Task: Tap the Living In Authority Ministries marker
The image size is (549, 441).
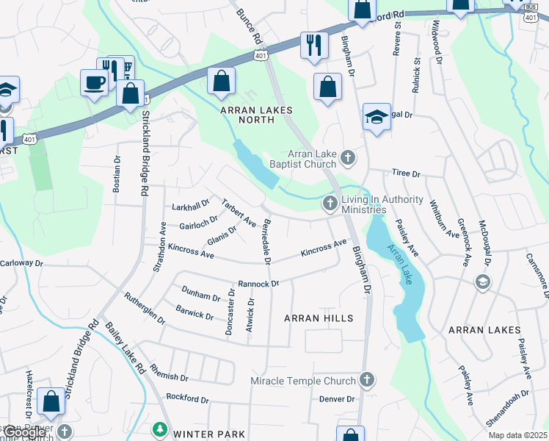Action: tap(331, 202)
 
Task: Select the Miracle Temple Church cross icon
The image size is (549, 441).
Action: tap(367, 380)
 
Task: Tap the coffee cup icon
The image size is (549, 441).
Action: tap(94, 82)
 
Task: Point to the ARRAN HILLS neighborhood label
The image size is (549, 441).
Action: tap(319, 318)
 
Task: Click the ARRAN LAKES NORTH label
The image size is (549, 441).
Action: tap(256, 116)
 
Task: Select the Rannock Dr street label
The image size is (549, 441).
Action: tap(258, 284)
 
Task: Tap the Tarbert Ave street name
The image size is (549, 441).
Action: tap(239, 212)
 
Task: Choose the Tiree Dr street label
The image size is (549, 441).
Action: tap(405, 174)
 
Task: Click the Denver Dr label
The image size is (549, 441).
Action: tap(337, 399)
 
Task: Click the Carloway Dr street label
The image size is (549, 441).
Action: tap(23, 262)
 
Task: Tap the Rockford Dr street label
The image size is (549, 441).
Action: tap(187, 401)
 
